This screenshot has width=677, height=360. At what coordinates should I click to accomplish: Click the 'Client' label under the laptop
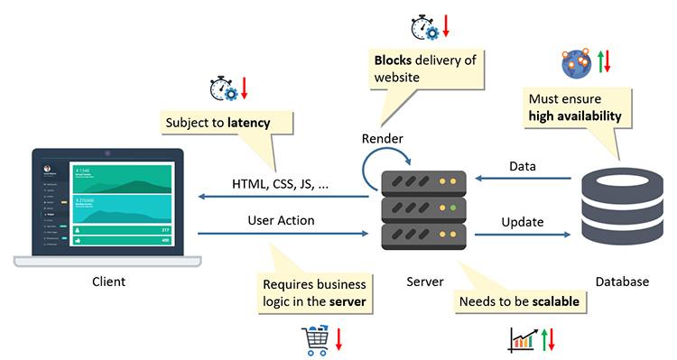coord(108,282)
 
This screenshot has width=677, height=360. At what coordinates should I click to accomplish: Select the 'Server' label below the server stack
coord(424,282)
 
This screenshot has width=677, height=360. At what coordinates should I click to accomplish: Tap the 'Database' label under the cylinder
coord(621,282)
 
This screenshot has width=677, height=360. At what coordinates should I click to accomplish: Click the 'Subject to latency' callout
coord(217,122)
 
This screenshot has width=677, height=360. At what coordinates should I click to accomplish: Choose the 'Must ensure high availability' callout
coord(575,107)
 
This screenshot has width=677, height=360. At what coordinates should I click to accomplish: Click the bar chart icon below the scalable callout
coord(522,339)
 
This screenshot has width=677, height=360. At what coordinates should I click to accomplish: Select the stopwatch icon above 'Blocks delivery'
coord(423,27)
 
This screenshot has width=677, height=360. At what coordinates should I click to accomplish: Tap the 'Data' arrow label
coord(522,166)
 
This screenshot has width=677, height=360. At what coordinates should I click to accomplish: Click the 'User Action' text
coord(281,220)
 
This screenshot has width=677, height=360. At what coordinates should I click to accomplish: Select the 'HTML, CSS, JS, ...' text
coord(281,183)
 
